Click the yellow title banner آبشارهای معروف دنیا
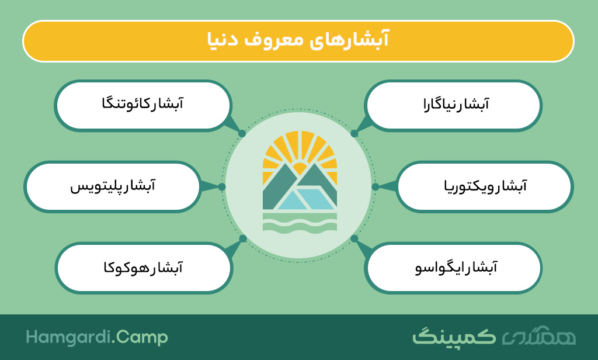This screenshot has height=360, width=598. click(x=298, y=41)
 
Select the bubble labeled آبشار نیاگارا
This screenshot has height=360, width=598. click(x=453, y=105)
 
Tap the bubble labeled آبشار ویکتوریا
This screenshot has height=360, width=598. click(x=485, y=186)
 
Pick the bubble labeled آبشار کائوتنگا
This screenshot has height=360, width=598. click(x=144, y=105)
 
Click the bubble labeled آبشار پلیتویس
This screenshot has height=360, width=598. click(x=112, y=186)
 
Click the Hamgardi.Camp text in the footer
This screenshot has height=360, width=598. click(x=97, y=337)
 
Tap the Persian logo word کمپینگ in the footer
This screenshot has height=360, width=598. click(x=454, y=336)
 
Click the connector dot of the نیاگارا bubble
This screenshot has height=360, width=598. click(x=354, y=134)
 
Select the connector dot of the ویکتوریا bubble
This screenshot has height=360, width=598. click(x=376, y=186)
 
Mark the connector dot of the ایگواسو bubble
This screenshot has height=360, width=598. click(x=354, y=238)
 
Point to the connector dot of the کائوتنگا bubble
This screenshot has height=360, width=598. click(x=242, y=134)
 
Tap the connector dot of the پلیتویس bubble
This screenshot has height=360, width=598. click(x=222, y=186)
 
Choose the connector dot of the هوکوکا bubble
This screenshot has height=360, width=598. click(x=242, y=238)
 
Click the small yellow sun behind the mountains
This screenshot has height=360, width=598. click(x=300, y=168)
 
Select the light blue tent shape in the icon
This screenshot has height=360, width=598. click(x=305, y=199)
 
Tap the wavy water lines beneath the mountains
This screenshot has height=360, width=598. click(x=300, y=222)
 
